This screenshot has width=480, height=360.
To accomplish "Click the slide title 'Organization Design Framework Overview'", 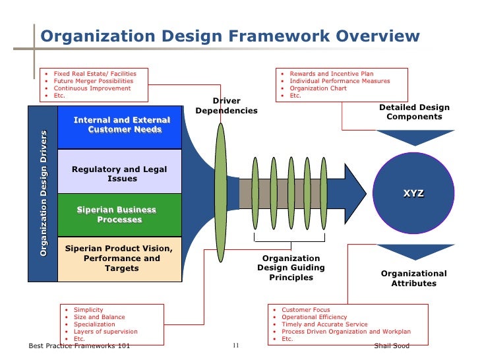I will tap(229, 36).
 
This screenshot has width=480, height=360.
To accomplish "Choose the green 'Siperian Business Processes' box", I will tap(119, 215).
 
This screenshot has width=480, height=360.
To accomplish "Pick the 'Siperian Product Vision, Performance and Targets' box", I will tap(119, 258).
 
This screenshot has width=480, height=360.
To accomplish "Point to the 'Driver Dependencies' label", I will tap(226, 106).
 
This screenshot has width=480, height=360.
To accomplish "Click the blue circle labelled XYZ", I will tap(414, 193).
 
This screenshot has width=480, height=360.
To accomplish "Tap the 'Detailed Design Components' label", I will tap(414, 112).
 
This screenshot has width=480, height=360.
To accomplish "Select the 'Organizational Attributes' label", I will tap(414, 278).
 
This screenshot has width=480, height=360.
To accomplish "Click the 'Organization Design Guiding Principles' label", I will tap(291, 268).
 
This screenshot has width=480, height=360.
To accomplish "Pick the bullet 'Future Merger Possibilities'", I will tap(93, 81).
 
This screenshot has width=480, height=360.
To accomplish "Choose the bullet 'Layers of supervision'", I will tap(105, 332).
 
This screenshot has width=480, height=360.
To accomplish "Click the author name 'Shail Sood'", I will tap(391, 346).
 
